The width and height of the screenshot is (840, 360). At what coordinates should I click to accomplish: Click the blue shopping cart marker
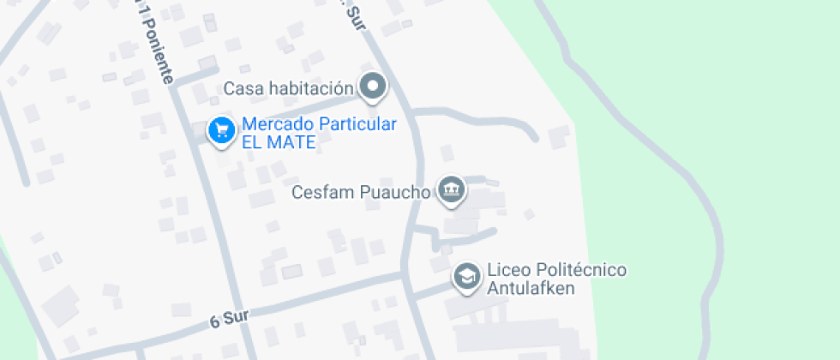coord(222,130)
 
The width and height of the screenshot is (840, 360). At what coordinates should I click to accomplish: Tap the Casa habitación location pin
coord(373,86)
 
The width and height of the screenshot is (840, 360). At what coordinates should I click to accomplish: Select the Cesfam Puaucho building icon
coord(450,189)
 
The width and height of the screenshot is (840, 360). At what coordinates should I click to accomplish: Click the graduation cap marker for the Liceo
coord(467,276)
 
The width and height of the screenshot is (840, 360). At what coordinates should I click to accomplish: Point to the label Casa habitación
coord(288,88)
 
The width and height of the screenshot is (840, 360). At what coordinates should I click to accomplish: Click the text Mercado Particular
coord(319,124)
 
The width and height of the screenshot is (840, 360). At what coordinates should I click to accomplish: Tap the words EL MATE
coord(279,142)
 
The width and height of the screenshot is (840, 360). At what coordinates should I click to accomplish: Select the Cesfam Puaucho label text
coord(360,192)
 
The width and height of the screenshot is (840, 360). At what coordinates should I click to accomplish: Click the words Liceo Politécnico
coord(556,270)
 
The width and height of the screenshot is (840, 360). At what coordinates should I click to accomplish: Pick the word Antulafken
coord(530,288)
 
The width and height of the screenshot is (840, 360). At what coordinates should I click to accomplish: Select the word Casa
coord(242,88)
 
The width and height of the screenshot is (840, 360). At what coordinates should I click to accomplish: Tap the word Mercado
coord(278,124)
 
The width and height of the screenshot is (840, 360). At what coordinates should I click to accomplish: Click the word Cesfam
coord(319,192)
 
